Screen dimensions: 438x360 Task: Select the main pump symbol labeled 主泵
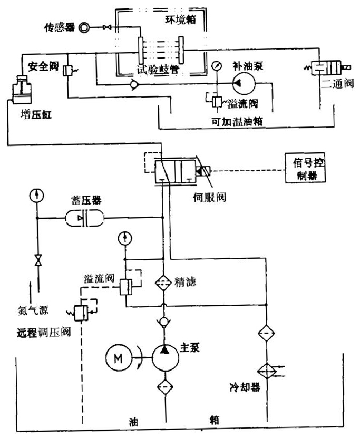[x=166, y=358]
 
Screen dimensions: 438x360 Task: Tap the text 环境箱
[x=175, y=20]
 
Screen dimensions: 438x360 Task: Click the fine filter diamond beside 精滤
[x=166, y=283]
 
